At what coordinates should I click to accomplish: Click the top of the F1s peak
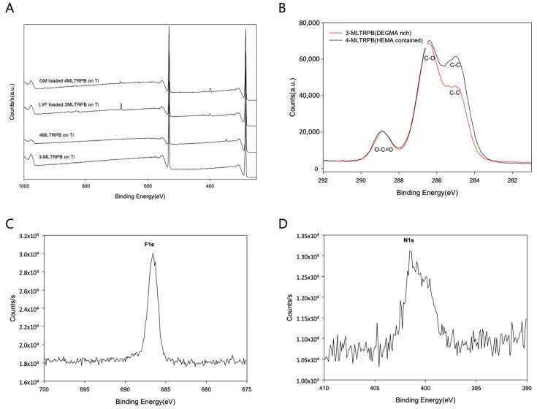coord(153,254)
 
